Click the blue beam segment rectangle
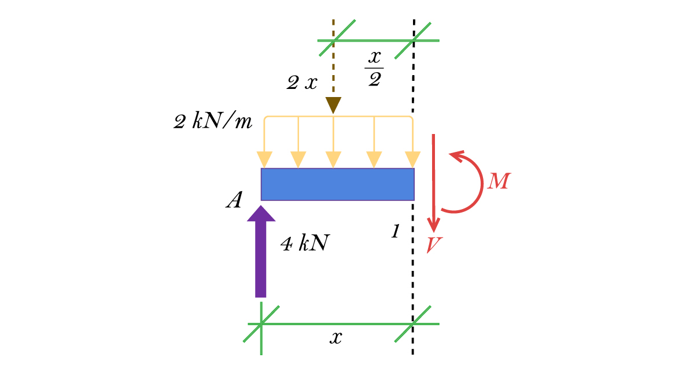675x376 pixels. click(337, 184)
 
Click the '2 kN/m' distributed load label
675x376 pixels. click(213, 122)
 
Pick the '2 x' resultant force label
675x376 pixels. click(302, 83)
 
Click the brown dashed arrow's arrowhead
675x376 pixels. click(333, 105)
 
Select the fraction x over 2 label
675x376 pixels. click(375, 68)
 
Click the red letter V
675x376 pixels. click(434, 245)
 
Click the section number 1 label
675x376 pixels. click(395, 232)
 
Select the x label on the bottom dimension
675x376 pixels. click(336, 338)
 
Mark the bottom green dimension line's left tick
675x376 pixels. click(261, 324)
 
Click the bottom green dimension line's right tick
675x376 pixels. click(413, 324)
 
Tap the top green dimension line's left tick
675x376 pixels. click(334, 40)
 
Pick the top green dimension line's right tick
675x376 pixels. click(413, 40)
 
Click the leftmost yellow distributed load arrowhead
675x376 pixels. click(264, 159)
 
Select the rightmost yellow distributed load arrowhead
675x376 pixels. click(412, 159)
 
